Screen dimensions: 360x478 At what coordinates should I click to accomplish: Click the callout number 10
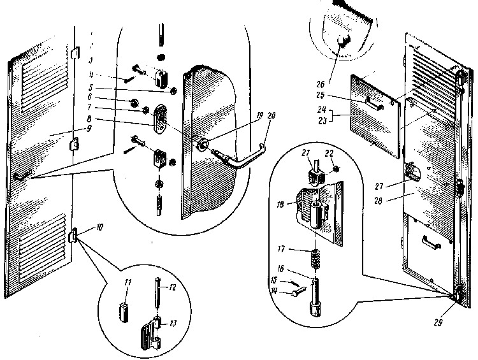point(83,227)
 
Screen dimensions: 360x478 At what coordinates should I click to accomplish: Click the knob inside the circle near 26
point(344,42)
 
